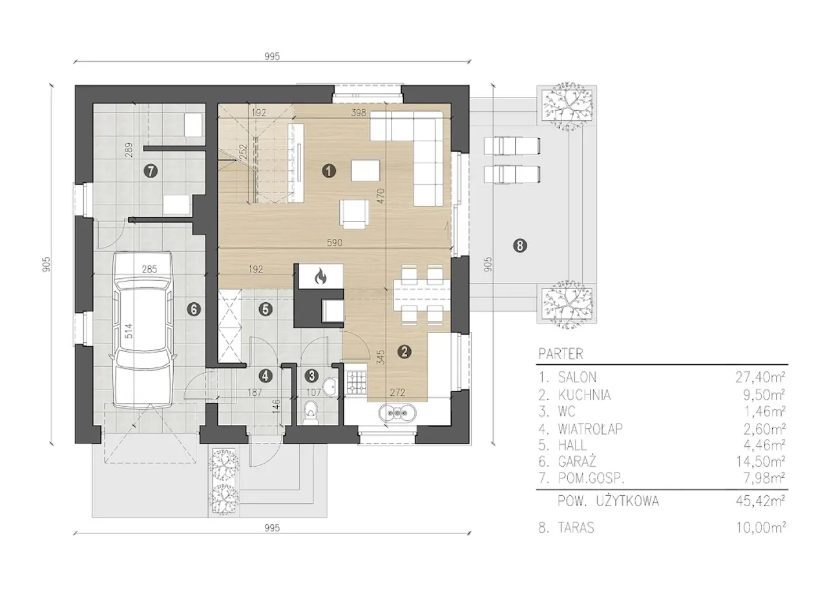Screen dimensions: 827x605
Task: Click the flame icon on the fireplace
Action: coord(320,276)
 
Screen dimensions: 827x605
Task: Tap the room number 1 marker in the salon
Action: coord(329,171)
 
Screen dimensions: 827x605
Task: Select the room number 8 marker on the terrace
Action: coord(520,246)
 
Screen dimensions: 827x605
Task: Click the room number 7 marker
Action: coord(151,171)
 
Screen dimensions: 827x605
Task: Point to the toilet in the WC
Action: coord(311,413)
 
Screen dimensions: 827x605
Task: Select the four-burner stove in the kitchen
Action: coord(357,382)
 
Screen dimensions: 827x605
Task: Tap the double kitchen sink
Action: coord(397,413)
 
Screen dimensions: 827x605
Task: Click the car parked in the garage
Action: coord(143,330)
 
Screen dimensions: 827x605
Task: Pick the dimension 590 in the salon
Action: coord(334,243)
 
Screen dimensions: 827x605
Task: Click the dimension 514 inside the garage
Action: coord(128,331)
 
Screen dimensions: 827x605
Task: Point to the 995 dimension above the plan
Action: coord(272,56)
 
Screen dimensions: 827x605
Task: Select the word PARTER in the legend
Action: coord(561,354)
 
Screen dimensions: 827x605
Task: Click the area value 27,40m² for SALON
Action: coord(760,377)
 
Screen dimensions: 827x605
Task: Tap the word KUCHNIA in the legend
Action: coord(585,395)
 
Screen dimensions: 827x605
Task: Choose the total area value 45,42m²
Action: coord(760,501)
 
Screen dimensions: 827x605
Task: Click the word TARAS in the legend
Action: coord(576,528)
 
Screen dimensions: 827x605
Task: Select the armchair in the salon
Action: coord(355,213)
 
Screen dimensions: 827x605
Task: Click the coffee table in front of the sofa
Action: coord(366,170)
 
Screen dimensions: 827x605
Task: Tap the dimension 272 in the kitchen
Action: coord(397,393)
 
